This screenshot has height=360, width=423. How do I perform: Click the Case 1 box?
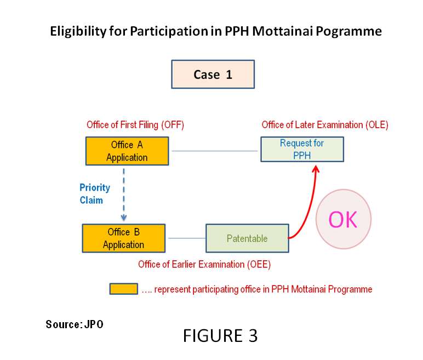213,74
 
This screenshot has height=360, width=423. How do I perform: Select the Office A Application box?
127,151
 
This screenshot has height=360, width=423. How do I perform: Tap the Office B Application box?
123,238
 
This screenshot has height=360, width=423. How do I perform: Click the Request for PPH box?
302,149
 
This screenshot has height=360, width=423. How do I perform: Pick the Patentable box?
247,238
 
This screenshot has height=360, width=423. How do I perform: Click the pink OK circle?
344,219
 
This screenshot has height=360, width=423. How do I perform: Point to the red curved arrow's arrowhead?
316,169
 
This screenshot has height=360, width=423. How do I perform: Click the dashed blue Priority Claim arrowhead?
123,218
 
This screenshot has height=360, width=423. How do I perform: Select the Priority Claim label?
95,194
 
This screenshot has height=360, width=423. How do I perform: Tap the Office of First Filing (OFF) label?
135,125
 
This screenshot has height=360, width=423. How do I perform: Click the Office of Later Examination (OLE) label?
325,125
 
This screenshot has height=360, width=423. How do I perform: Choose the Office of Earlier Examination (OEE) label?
204,265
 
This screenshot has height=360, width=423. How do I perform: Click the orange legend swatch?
123,289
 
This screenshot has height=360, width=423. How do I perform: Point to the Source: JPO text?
75,324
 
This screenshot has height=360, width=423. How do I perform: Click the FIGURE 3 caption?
220,336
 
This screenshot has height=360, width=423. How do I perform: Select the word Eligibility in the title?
78,32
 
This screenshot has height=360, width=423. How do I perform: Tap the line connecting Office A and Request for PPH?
215,151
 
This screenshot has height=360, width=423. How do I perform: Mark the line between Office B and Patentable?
187,238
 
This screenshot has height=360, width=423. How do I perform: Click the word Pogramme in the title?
349,32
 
